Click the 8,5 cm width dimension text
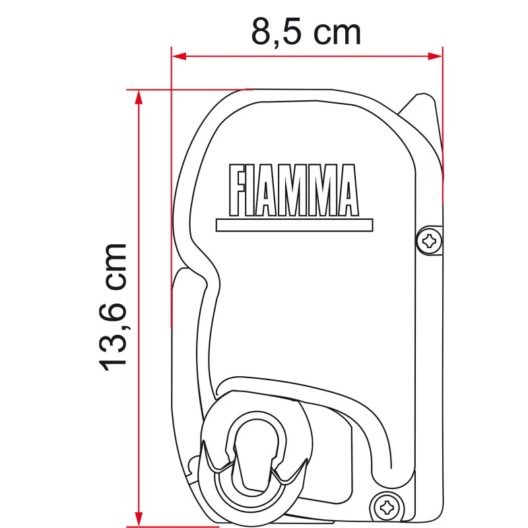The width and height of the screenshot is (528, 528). [x=306, y=31]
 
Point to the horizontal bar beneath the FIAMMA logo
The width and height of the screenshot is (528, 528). [x=294, y=225]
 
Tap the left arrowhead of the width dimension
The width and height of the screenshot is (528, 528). [x=177, y=56]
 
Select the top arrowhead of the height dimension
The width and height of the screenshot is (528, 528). [x=138, y=96]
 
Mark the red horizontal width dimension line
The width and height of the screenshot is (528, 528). [x=306, y=56]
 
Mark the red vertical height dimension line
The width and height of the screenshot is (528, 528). [x=138, y=304]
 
